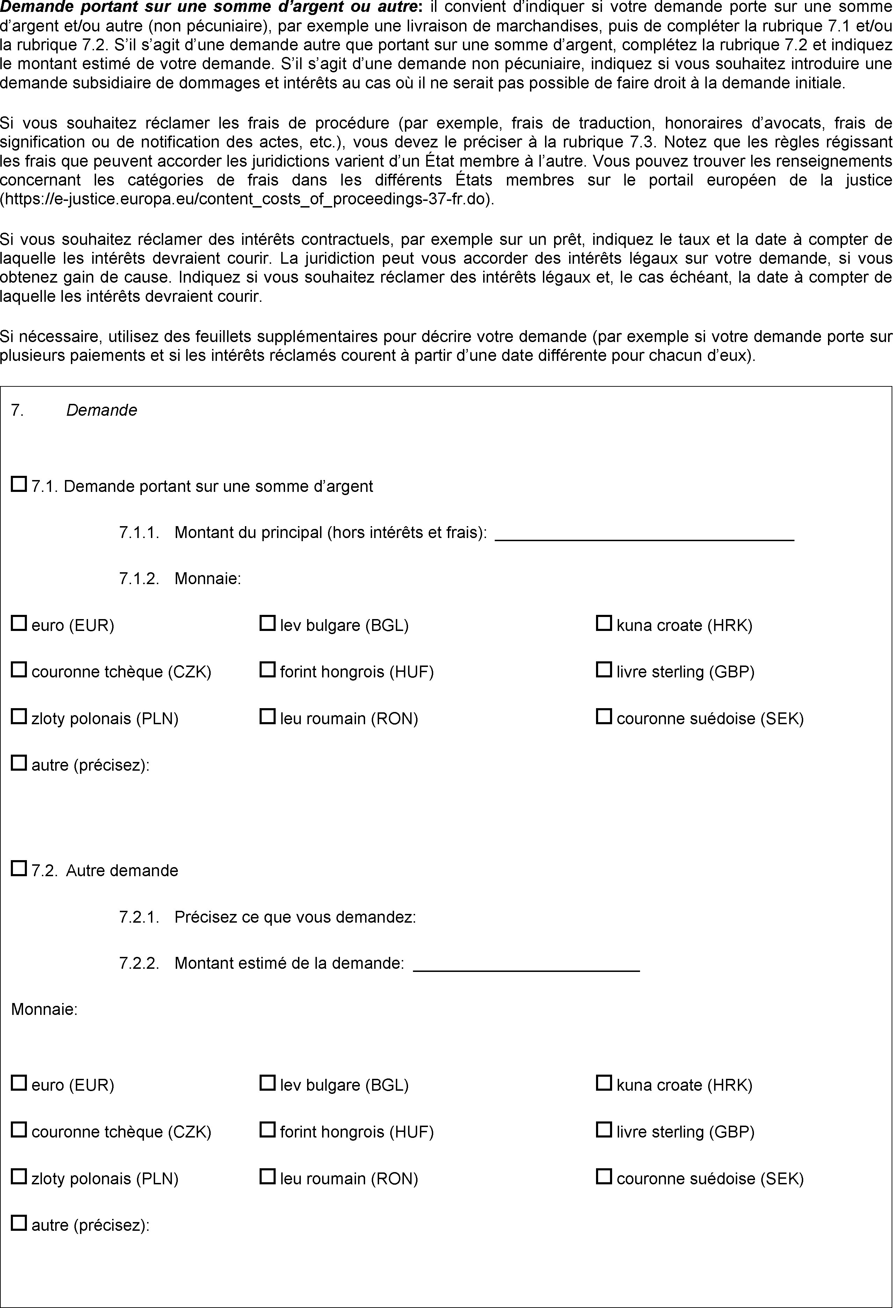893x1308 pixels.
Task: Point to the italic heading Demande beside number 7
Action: tap(101, 410)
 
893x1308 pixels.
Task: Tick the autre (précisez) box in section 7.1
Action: tap(19, 763)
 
